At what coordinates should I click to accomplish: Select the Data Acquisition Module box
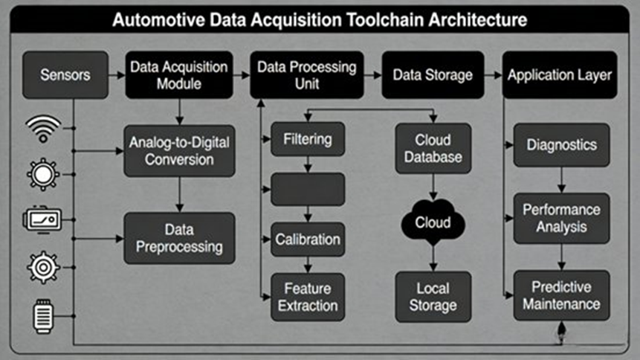coord(178,75)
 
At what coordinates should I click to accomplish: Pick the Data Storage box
coord(433,75)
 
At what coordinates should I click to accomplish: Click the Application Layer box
coord(560,75)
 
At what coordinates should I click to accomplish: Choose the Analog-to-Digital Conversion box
coord(179,150)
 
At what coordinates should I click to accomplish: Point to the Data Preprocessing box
coord(179,238)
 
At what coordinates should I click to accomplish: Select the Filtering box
coord(308,139)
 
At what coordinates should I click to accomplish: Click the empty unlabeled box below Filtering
coord(308,190)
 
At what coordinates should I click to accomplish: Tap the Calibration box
coord(308,240)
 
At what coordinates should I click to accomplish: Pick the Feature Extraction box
coord(308,297)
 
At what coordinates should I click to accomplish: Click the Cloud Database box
coord(433,148)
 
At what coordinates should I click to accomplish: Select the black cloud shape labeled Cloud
coord(433,222)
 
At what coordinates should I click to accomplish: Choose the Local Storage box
coord(433,296)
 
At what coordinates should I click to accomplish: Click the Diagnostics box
coord(561,144)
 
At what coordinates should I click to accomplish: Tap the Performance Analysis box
coord(561,219)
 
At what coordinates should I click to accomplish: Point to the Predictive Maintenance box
coord(561,295)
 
